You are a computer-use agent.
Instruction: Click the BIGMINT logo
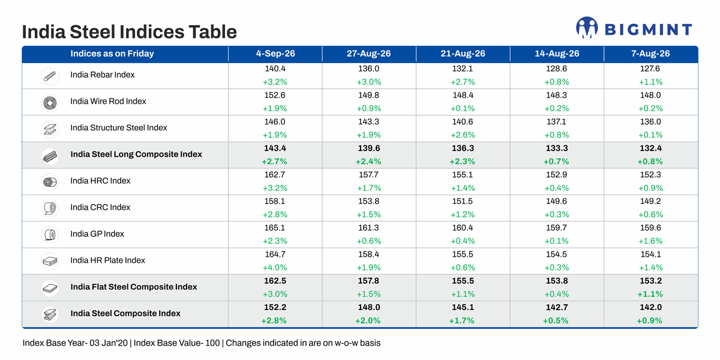click(x=634, y=28)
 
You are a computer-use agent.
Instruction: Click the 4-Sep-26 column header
click(x=275, y=53)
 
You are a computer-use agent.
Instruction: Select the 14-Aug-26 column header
click(x=557, y=53)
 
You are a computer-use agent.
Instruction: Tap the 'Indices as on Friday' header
click(x=112, y=53)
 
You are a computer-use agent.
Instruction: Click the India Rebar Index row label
click(x=103, y=74)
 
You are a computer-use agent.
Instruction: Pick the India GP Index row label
click(x=97, y=233)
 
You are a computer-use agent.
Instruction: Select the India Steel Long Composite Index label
click(x=136, y=154)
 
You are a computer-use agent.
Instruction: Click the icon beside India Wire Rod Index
click(x=50, y=103)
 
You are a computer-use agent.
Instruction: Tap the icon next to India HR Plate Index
click(x=50, y=261)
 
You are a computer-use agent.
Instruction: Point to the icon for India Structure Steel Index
click(x=50, y=130)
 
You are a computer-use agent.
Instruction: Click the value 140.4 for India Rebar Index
click(x=275, y=68)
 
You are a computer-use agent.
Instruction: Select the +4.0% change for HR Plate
click(x=275, y=268)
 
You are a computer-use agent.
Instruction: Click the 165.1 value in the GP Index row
click(x=275, y=227)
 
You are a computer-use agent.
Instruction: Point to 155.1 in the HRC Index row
click(x=463, y=175)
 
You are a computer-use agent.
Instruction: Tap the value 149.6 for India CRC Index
click(x=556, y=201)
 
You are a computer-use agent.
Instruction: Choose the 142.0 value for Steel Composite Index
click(x=650, y=307)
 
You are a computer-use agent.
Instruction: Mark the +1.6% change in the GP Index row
click(x=650, y=241)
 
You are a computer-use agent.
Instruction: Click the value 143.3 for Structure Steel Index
click(x=368, y=121)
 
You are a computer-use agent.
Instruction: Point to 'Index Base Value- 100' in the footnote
click(x=176, y=343)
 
